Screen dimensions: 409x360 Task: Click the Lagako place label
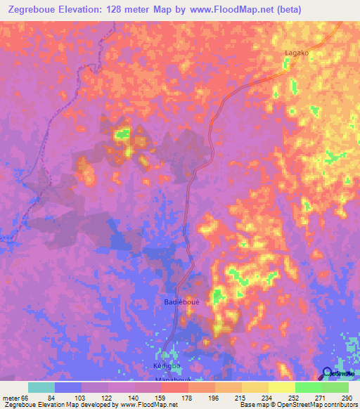click(x=296, y=53)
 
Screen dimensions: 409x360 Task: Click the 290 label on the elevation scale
click(x=345, y=397)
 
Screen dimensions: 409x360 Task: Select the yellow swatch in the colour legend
click(x=281, y=387)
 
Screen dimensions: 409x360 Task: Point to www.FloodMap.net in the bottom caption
click(x=146, y=405)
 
